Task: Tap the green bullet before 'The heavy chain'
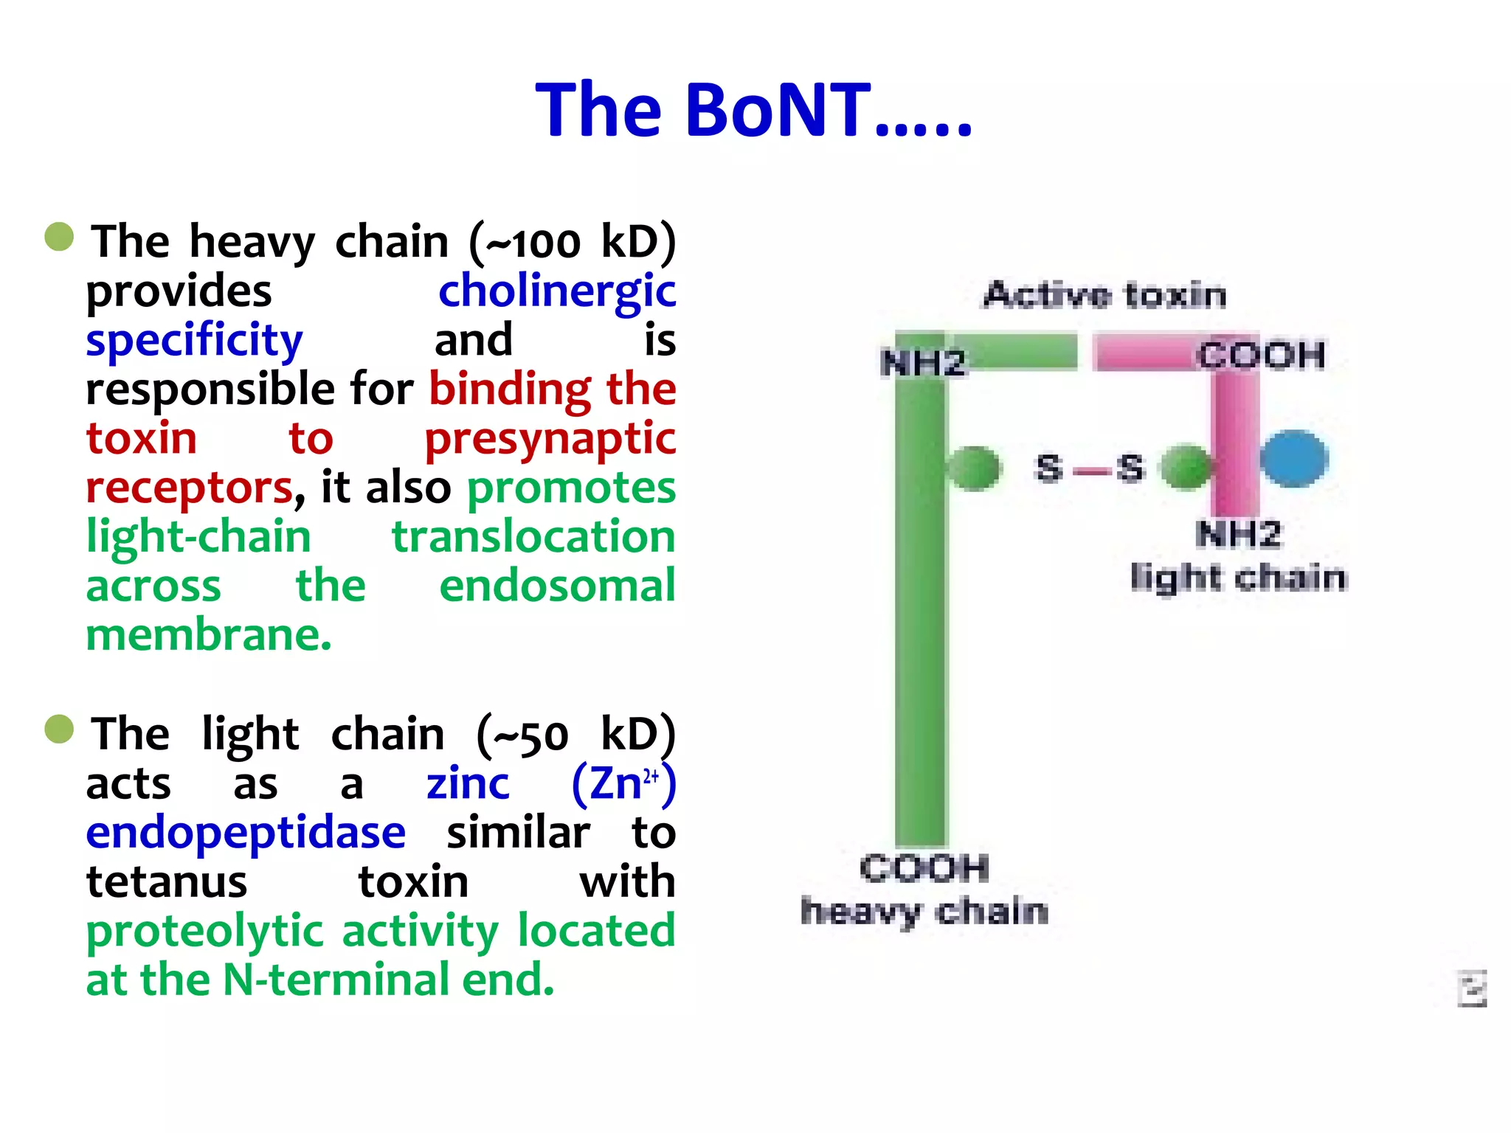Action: pos(59,238)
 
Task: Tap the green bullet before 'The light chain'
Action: pos(59,730)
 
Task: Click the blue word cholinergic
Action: pos(557,291)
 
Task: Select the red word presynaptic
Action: pos(550,439)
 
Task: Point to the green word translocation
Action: pos(533,536)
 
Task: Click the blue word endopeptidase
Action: pos(246,833)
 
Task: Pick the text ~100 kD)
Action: pos(573,242)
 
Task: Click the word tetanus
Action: pos(167,882)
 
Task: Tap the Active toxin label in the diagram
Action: pos(1104,295)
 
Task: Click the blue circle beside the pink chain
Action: pos(1294,459)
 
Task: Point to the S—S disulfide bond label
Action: pos(1090,468)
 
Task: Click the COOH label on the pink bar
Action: pos(1261,356)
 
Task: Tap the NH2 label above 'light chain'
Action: pos(1239,534)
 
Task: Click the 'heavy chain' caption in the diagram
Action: pos(924,912)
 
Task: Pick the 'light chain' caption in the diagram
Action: pos(1239,578)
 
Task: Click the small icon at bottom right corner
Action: pos(1472,988)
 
